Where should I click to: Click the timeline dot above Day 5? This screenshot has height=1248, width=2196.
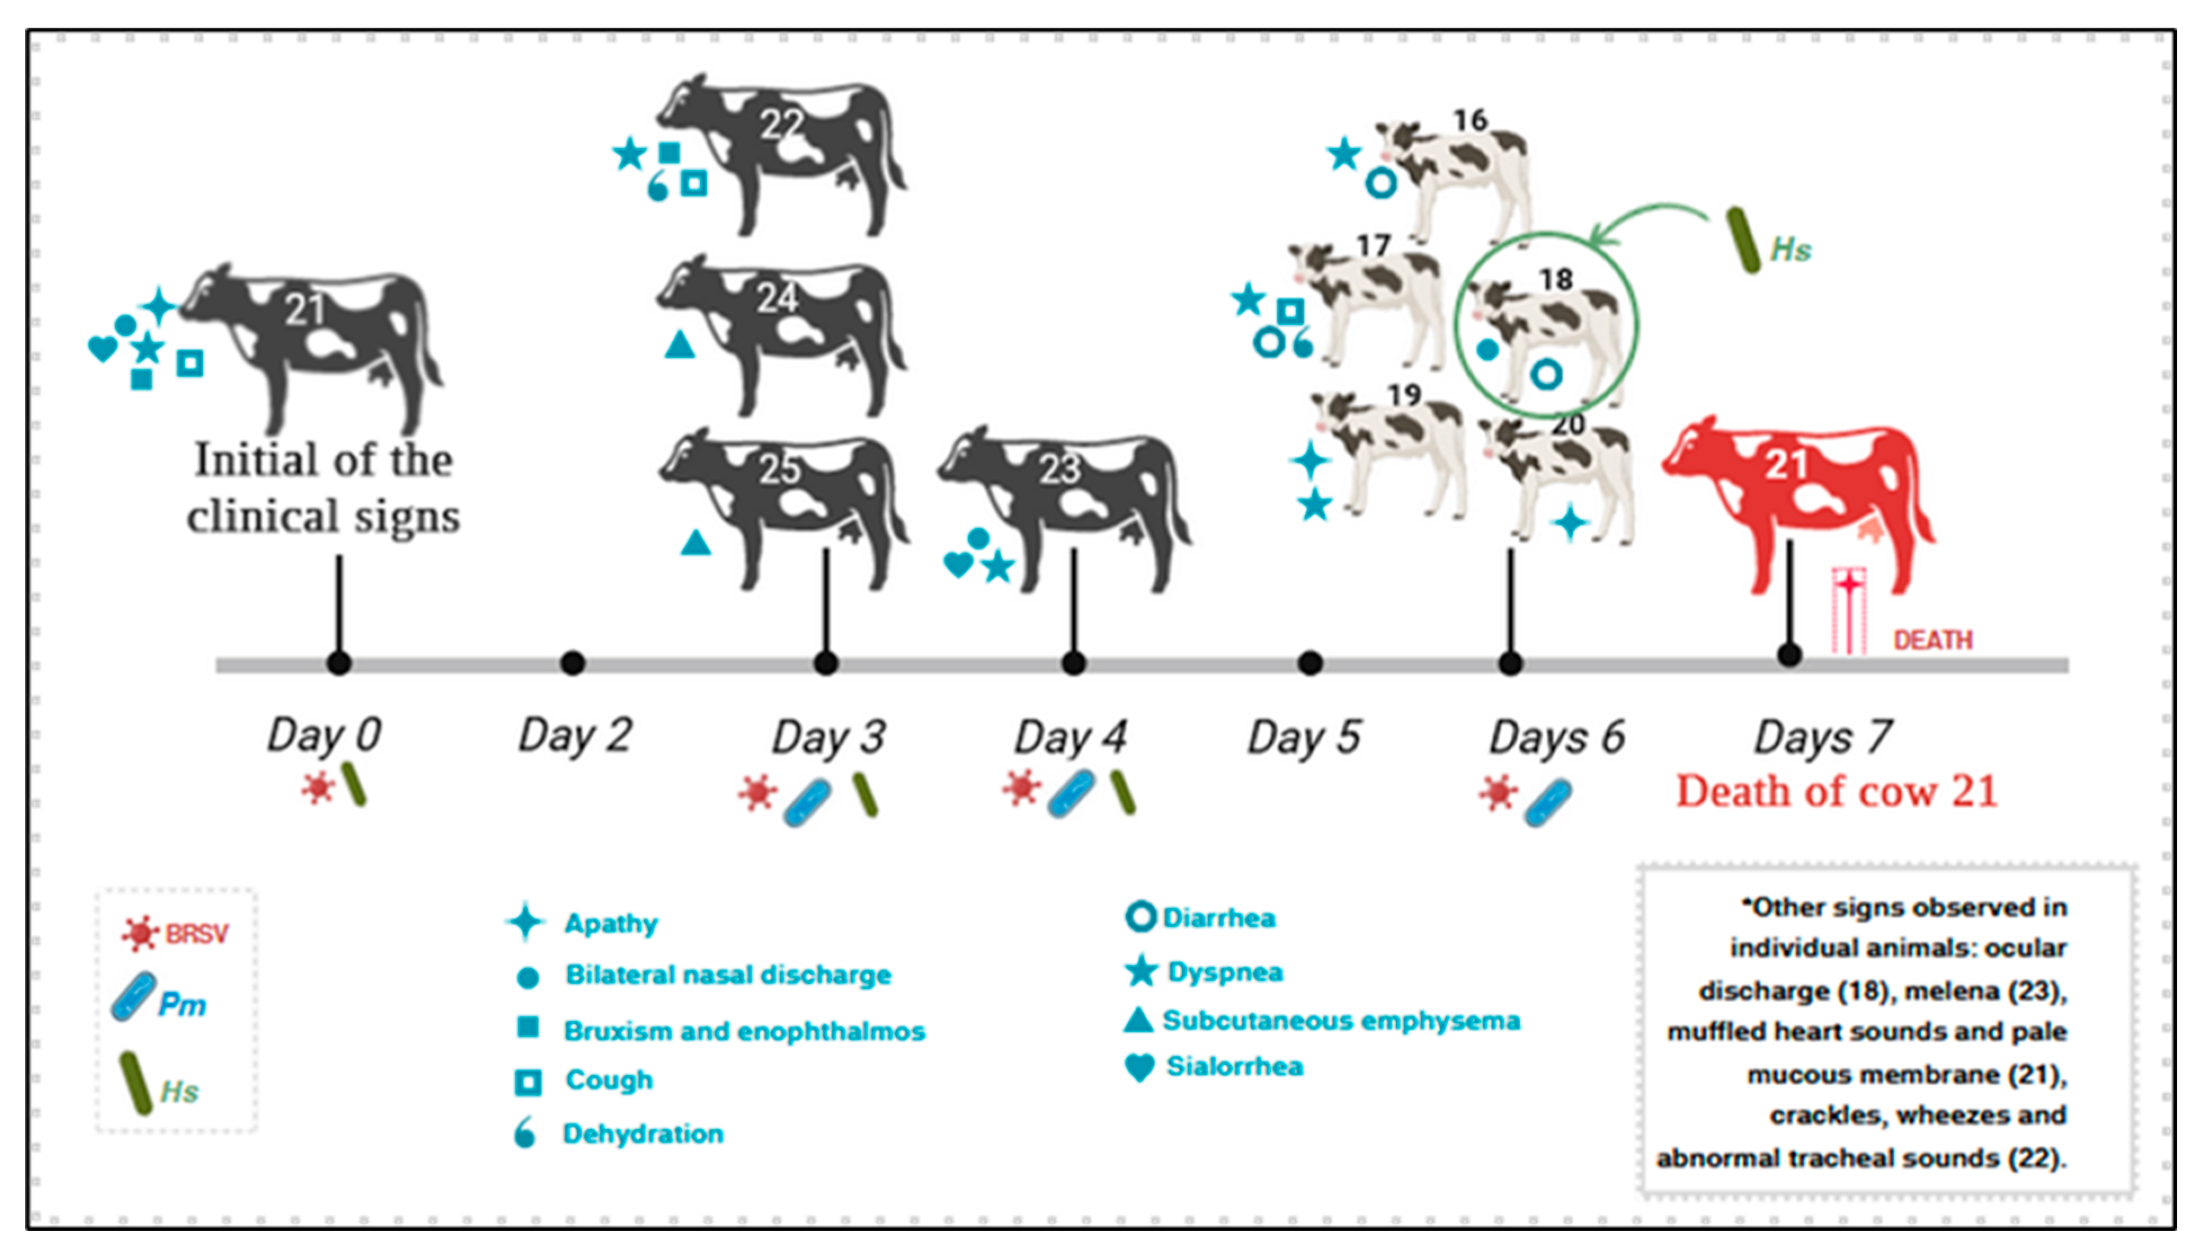pyautogui.click(x=1310, y=663)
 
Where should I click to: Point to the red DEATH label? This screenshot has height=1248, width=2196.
pyautogui.click(x=1933, y=639)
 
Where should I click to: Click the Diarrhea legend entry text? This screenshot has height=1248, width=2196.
pyautogui.click(x=1218, y=918)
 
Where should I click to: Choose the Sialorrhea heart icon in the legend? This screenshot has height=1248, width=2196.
pyautogui.click(x=1139, y=1067)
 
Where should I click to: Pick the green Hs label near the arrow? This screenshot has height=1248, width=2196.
pyautogui.click(x=1790, y=250)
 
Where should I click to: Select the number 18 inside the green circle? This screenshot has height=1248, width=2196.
pyautogui.click(x=1556, y=279)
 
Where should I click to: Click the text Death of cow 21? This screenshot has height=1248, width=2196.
pyautogui.click(x=1836, y=790)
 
